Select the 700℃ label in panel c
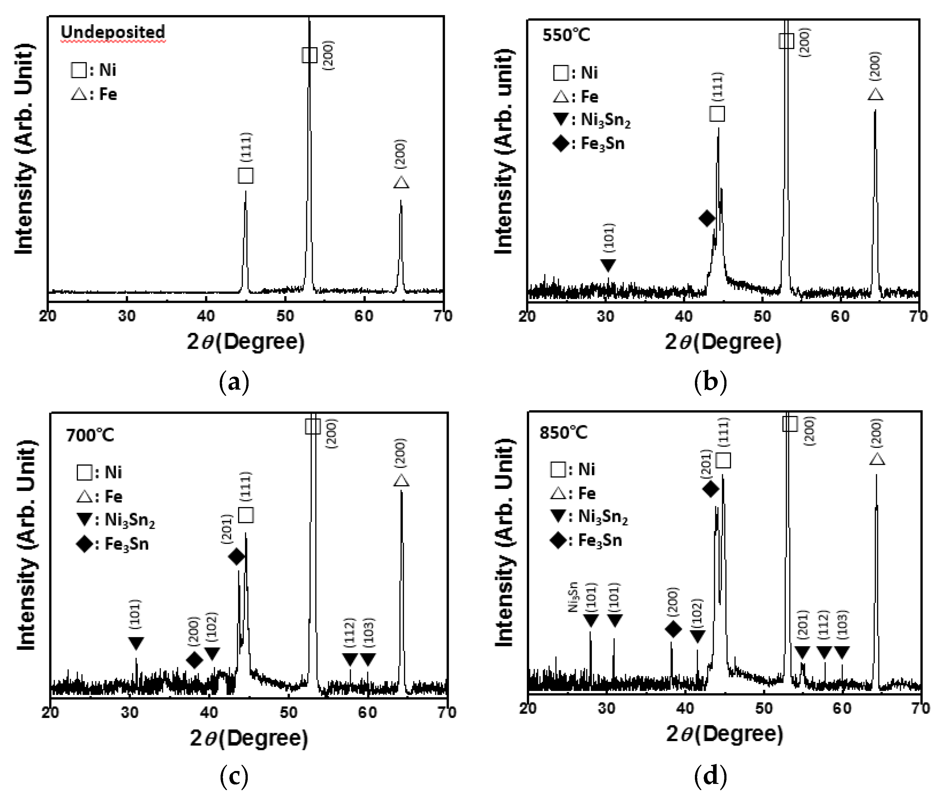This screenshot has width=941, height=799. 90,435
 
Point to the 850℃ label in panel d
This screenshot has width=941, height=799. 563,432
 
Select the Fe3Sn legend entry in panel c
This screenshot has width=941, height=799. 113,544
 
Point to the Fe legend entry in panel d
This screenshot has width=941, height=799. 573,493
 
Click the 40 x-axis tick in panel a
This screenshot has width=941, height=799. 206,316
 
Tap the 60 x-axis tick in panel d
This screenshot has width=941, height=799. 842,708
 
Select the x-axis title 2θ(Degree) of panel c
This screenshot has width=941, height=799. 249,738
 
